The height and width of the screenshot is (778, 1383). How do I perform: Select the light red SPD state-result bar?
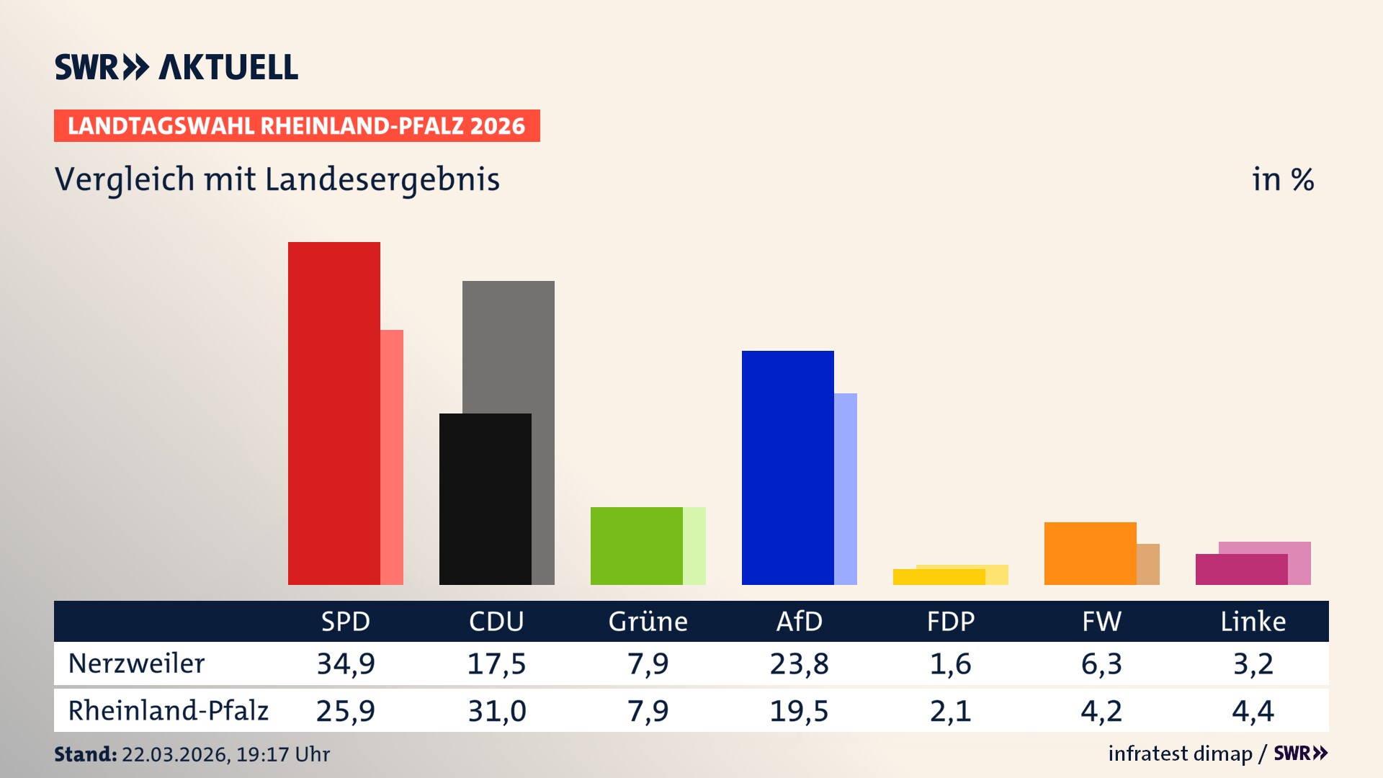(x=392, y=457)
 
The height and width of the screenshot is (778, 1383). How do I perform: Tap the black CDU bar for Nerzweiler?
(x=485, y=498)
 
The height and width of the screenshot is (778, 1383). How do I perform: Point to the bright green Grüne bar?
(x=636, y=545)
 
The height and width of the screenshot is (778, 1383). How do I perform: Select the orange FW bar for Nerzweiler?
(x=1090, y=553)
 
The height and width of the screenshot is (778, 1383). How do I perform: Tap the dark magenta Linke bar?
(x=1241, y=569)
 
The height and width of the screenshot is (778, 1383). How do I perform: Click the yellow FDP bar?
(x=939, y=577)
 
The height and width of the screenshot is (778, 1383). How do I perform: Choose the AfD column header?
(x=799, y=622)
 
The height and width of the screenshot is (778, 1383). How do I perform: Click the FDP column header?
(x=950, y=622)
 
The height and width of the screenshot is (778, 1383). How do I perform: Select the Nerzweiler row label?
(x=136, y=663)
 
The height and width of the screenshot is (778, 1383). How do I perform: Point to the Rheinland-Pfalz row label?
(x=168, y=711)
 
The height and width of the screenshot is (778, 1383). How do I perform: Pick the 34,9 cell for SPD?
(x=346, y=663)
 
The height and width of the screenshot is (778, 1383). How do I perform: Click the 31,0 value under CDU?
(x=497, y=711)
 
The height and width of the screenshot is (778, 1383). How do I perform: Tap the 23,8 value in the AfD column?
(x=799, y=663)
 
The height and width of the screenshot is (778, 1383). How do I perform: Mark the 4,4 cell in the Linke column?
(x=1253, y=711)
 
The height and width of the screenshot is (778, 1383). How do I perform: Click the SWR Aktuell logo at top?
(x=176, y=67)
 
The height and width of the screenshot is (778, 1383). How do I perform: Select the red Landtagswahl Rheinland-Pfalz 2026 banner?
(x=297, y=126)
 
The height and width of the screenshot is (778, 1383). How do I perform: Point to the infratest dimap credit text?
(x=1180, y=754)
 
